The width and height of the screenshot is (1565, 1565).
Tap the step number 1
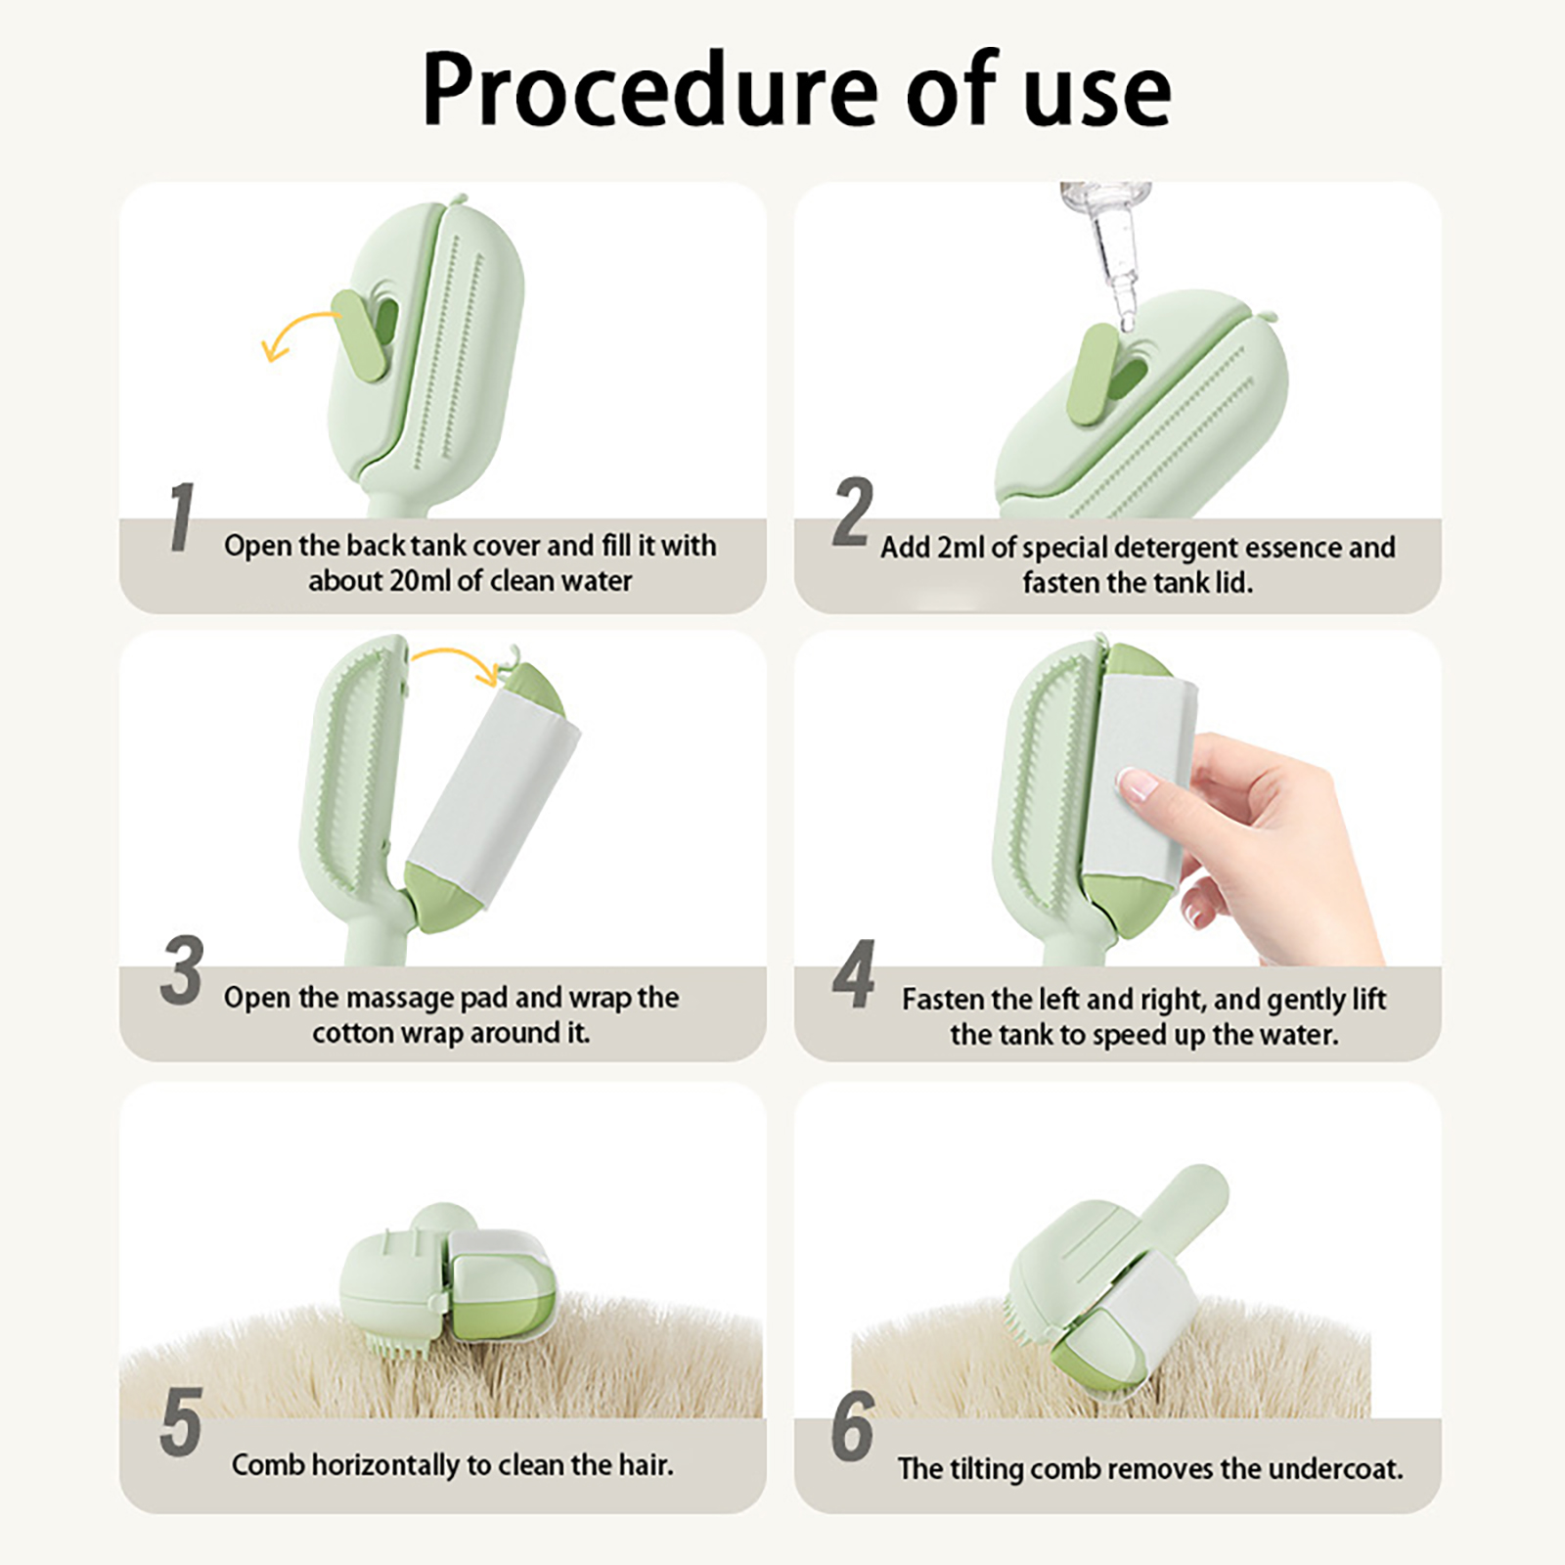[181, 516]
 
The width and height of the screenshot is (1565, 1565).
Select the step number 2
[852, 512]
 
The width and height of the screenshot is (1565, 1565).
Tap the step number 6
[852, 1426]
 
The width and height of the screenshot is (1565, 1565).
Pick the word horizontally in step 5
[385, 1464]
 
